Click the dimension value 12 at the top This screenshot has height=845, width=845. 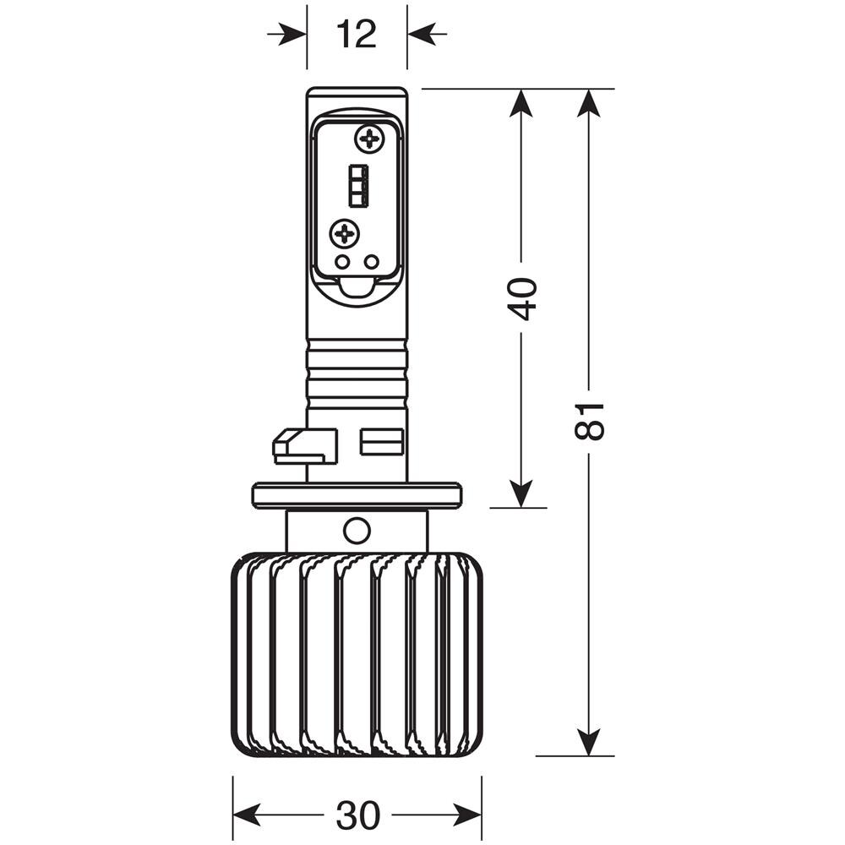coord(356,35)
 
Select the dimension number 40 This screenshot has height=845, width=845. coord(522,297)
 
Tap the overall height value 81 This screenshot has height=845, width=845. coord(590,420)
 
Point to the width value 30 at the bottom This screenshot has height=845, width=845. coord(357,815)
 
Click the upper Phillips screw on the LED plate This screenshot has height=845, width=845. coord(369,137)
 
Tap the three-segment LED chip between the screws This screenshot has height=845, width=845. coord(357,184)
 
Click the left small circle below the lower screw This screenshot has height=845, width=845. coord(342,262)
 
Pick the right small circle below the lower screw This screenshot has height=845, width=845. coord(371,262)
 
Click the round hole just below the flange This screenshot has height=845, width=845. coord(357,531)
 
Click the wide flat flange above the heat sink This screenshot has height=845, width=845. coord(357,494)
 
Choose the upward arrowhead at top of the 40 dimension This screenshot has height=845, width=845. coord(522,103)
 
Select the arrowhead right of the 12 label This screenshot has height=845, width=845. coord(422,35)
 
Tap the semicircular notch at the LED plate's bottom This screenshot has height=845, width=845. coord(357,289)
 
